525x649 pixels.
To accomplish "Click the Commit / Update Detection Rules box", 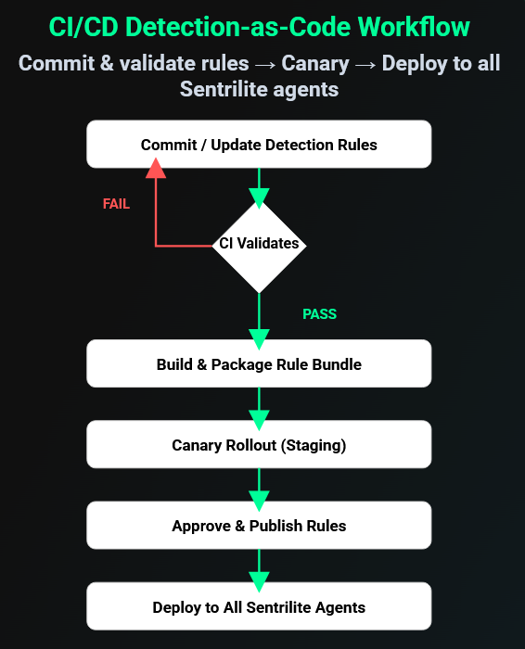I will [259, 145].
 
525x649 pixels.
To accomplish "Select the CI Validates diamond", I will [259, 245].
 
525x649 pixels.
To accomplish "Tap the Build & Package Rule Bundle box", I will [259, 364].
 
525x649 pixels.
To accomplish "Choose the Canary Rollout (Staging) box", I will [259, 445].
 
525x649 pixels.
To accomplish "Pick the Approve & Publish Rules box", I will [259, 526].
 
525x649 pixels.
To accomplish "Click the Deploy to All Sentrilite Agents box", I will [259, 607].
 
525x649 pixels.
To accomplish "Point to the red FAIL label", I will [116, 204].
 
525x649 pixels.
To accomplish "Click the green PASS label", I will [319, 314].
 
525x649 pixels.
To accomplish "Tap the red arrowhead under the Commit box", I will [156, 169].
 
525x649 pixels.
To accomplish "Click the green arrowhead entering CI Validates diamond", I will [259, 197].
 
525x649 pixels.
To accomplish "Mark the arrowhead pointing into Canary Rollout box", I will [259, 414].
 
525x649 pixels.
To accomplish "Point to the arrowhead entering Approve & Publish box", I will [259, 495].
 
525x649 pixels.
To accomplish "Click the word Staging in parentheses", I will [314, 445].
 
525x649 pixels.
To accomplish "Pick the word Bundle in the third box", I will [337, 364].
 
